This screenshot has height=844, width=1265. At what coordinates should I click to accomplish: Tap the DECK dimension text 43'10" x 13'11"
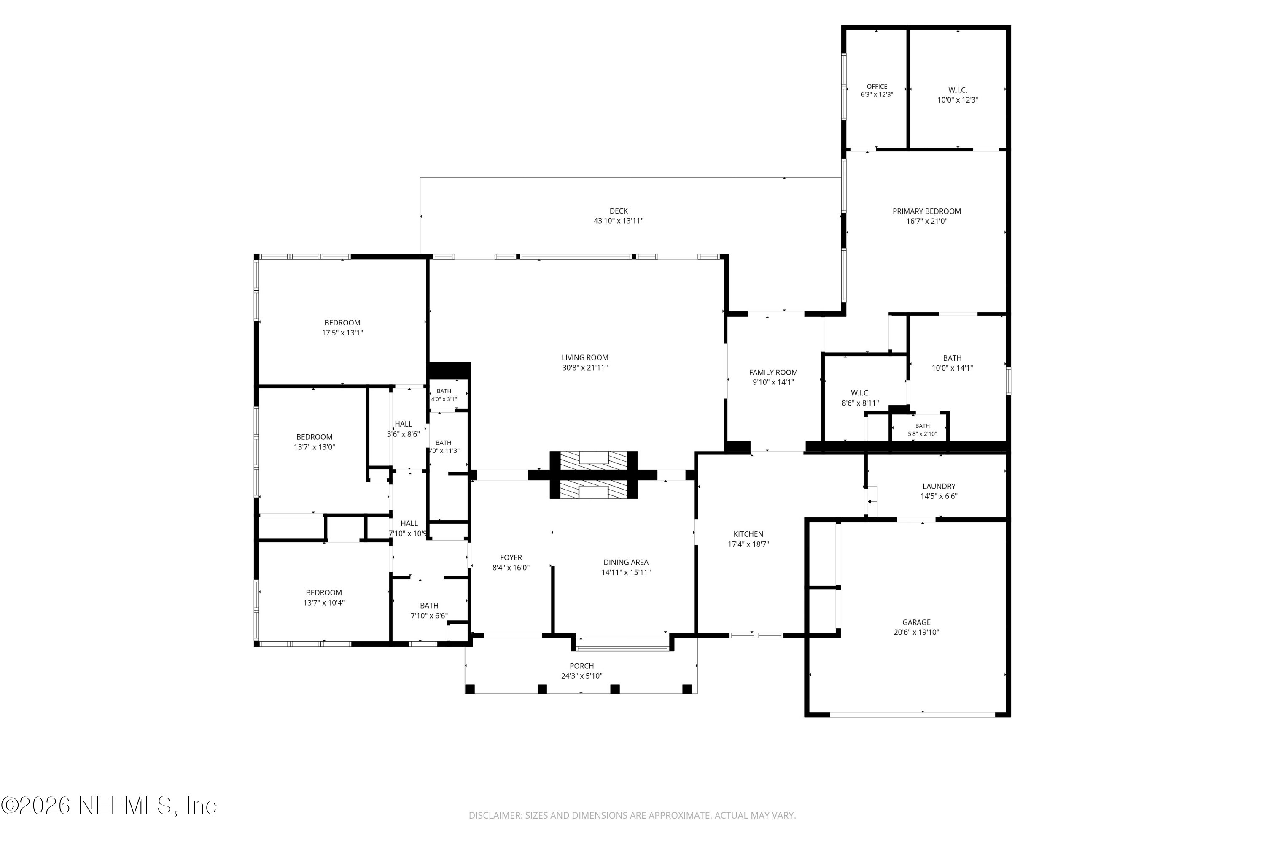click(x=619, y=221)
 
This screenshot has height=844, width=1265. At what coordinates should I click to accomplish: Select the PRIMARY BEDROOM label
click(x=927, y=211)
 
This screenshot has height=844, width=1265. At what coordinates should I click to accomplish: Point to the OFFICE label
click(x=877, y=86)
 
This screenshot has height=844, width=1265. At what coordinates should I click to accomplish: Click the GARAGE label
click(x=916, y=622)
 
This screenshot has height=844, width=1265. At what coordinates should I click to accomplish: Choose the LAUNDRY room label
click(x=939, y=486)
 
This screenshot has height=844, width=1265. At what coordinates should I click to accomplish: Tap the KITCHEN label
click(x=748, y=534)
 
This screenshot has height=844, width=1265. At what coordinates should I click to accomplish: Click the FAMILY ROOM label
click(x=773, y=373)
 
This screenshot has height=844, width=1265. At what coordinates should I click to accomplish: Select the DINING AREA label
click(x=626, y=563)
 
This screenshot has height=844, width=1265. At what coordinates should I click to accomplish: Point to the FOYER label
click(x=511, y=557)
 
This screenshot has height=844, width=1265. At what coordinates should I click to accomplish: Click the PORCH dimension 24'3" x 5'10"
click(x=582, y=676)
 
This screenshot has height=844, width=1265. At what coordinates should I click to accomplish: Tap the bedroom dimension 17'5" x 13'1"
click(x=342, y=333)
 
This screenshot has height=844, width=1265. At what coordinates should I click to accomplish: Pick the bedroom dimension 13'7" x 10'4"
click(x=324, y=603)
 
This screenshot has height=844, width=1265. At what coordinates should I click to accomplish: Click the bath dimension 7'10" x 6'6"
click(x=429, y=616)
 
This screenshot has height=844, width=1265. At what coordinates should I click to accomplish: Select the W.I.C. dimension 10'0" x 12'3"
click(x=958, y=100)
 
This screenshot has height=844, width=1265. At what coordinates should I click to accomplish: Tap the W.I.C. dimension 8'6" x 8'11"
click(x=861, y=403)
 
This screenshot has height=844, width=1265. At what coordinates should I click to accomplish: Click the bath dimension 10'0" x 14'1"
click(x=952, y=368)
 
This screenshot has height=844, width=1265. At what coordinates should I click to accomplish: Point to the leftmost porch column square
click(x=470, y=689)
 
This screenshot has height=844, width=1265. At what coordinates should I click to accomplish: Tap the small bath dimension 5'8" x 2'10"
click(x=923, y=434)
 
